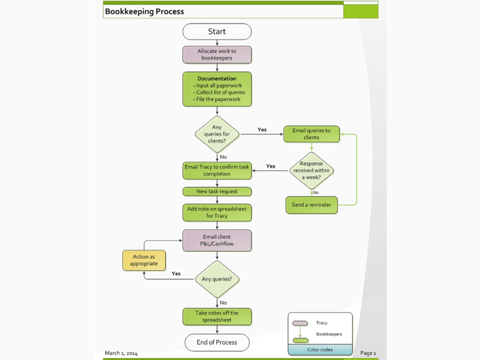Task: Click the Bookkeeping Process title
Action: pyautogui.click(x=145, y=12)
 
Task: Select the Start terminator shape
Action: pyautogui.click(x=217, y=31)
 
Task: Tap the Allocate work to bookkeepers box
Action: pyautogui.click(x=217, y=54)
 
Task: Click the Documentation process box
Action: pyautogui.click(x=217, y=89)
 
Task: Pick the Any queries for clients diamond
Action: pyautogui.click(x=217, y=135)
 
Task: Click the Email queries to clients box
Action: pyautogui.click(x=312, y=134)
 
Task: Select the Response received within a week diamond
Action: pyautogui.click(x=312, y=170)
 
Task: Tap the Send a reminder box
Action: pyautogui.click(x=312, y=205)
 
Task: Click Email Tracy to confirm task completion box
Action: pyautogui.click(x=217, y=170)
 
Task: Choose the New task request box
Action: pyautogui.click(x=217, y=192)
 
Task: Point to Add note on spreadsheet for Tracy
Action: pyautogui.click(x=217, y=212)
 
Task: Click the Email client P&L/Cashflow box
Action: pyautogui.click(x=217, y=240)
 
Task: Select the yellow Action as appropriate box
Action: pyautogui.click(x=144, y=260)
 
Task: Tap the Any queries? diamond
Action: pyautogui.click(x=217, y=279)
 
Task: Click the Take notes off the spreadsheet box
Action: pyautogui.click(x=217, y=316)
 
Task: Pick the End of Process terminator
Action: pyautogui.click(x=217, y=342)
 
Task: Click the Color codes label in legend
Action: pyautogui.click(x=320, y=350)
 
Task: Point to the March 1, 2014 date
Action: pyautogui.click(x=121, y=353)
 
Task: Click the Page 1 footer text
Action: pyautogui.click(x=368, y=353)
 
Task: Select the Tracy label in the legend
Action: pyautogui.click(x=321, y=323)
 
